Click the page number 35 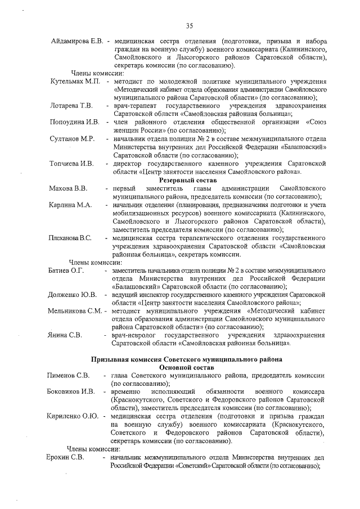tap(190, 25)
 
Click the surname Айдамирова tap(66, 42)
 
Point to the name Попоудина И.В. tap(74, 122)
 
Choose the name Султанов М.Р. tap(71, 138)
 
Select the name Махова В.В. tap(68, 188)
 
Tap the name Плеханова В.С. tap(70, 238)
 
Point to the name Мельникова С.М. tap(74, 310)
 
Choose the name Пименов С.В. tap(67, 375)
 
